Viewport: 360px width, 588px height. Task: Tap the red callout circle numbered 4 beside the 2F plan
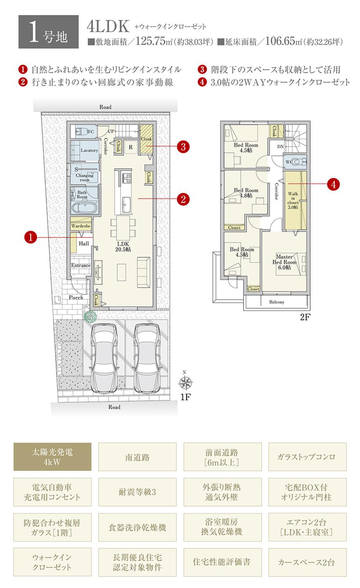pos(333,184)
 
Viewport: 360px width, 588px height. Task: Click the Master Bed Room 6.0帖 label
pos(284,262)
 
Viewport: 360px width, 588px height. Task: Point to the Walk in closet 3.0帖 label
pos(293,200)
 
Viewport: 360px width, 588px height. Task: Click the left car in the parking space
pos(104,356)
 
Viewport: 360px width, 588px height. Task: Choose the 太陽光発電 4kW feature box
pos(52,457)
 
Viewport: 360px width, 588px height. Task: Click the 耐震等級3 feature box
pos(137,492)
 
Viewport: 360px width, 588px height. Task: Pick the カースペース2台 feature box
pos(307,562)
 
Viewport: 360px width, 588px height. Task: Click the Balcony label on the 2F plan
pos(277,302)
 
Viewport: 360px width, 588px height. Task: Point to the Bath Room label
pos(82,194)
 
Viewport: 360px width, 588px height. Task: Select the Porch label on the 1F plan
pos(76,297)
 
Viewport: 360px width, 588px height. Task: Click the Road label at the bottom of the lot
pos(114,407)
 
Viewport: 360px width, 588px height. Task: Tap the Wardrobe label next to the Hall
pos(81,226)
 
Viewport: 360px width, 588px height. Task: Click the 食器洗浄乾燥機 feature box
pos(137,527)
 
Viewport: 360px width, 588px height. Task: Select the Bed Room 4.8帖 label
pos(246,193)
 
